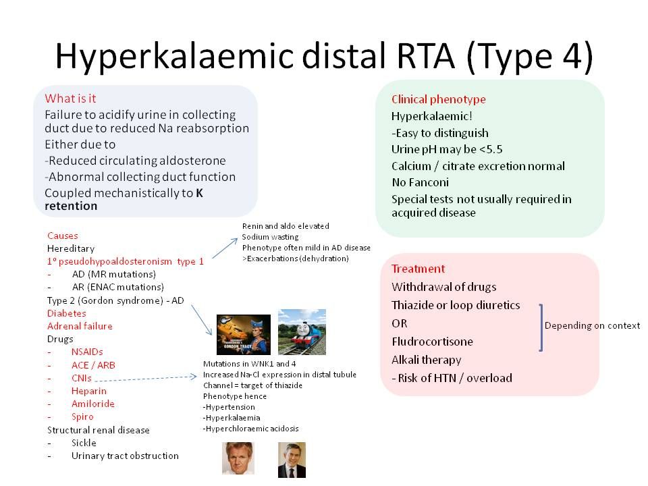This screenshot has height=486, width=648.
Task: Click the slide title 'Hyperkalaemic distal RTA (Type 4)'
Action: point(324,57)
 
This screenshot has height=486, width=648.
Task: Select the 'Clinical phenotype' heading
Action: point(438,99)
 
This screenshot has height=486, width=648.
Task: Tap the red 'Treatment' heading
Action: point(418,269)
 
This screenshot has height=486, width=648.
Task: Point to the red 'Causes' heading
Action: point(62,236)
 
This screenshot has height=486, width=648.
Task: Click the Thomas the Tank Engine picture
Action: point(302,331)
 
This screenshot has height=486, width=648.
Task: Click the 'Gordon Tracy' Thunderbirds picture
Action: point(243,334)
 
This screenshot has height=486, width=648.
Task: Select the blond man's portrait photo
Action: point(238,458)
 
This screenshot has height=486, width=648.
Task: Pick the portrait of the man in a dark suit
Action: point(292,459)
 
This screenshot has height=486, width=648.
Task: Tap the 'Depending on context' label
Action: point(592,325)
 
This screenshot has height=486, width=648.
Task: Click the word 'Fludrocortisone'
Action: point(432,342)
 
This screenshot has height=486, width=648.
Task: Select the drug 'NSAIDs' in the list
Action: point(88,352)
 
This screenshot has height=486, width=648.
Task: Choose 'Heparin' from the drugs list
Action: point(88,391)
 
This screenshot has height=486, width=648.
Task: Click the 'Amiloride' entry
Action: point(92,404)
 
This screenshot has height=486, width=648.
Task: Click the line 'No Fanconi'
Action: point(420,182)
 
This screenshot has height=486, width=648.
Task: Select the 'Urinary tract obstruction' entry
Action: point(125,456)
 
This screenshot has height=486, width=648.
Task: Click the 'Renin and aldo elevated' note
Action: point(286,226)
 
